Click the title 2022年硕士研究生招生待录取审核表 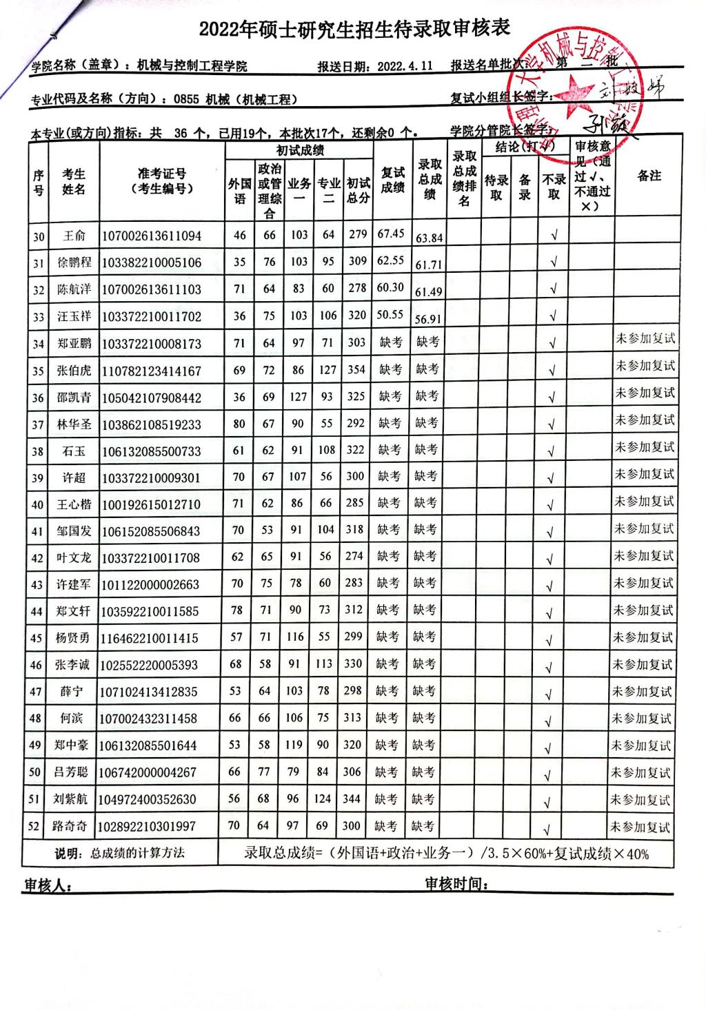point(354,30)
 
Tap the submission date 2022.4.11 point(405,66)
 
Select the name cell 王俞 point(74,236)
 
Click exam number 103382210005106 point(152,262)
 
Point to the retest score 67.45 point(391,234)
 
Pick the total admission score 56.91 point(429,319)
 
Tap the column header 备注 point(649,176)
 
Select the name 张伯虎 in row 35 point(74,371)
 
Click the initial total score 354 point(356,369)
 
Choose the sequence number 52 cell point(34,826)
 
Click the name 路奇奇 point(70,826)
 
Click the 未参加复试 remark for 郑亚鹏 point(645,339)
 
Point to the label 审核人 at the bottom point(47,886)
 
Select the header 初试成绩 point(300,151)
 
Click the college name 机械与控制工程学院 point(192,66)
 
